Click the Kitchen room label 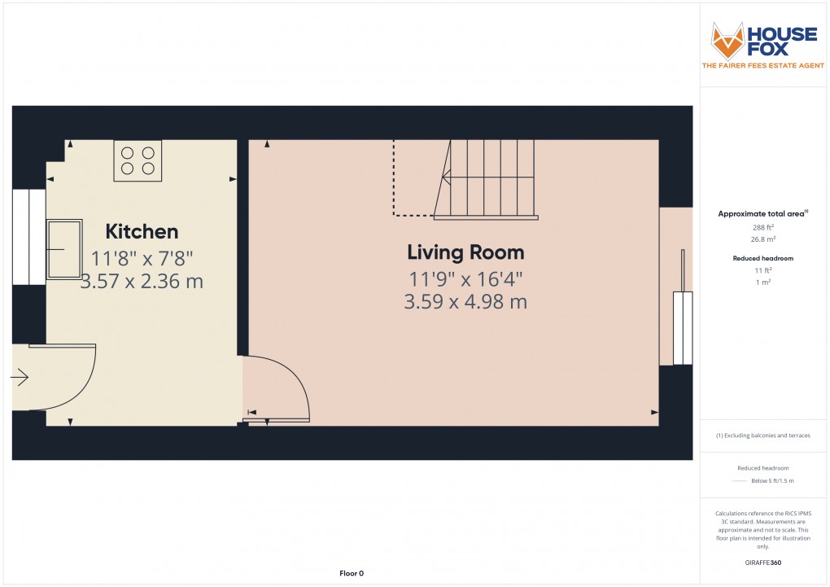tap(142, 232)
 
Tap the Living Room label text tap(465, 252)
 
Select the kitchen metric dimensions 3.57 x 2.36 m tap(142, 283)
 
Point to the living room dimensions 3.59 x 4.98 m tap(465, 302)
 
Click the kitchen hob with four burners tap(138, 160)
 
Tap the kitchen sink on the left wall tap(65, 248)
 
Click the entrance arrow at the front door tap(20, 377)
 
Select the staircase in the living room tap(486, 178)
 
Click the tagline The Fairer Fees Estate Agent tap(763, 66)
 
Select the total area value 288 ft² tap(763, 227)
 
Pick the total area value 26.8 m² tap(763, 239)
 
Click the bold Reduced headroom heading tap(763, 258)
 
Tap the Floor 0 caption tap(352, 574)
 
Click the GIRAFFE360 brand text tap(763, 563)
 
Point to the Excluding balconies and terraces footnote tap(763, 436)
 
